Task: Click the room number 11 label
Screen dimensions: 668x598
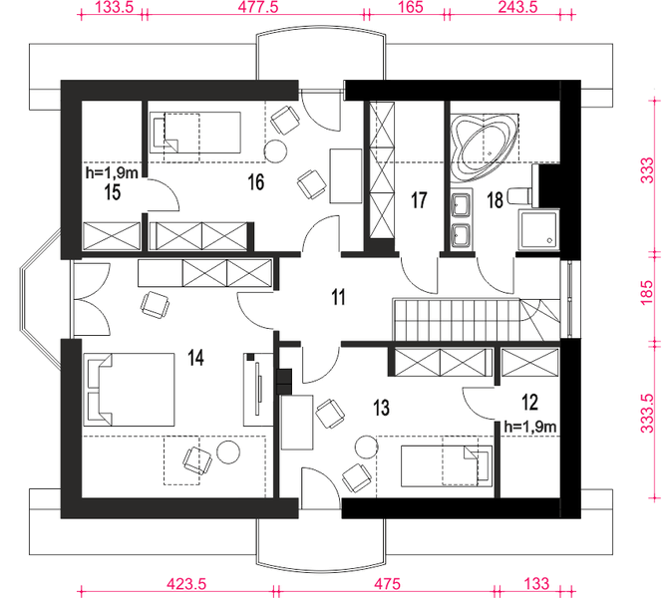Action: [338, 297]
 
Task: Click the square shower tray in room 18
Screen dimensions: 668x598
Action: [538, 229]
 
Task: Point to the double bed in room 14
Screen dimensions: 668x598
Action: [129, 390]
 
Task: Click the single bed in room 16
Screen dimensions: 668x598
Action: [195, 132]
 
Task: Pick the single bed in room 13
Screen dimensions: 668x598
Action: [447, 466]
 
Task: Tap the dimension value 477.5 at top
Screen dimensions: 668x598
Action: [258, 7]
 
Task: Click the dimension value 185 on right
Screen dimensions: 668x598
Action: [647, 292]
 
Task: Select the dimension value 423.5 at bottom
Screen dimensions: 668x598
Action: [186, 583]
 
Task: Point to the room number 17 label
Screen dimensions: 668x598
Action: [419, 200]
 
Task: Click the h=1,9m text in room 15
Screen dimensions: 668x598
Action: [112, 173]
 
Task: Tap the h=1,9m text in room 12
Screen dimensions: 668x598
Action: [530, 427]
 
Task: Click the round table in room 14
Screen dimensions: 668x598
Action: [228, 451]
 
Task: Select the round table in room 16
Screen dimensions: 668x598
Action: [275, 151]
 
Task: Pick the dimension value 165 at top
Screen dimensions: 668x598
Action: [412, 7]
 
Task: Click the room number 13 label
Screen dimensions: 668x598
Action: [381, 408]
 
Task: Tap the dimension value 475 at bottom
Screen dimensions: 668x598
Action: [387, 583]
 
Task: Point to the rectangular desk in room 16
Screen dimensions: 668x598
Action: [346, 175]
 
